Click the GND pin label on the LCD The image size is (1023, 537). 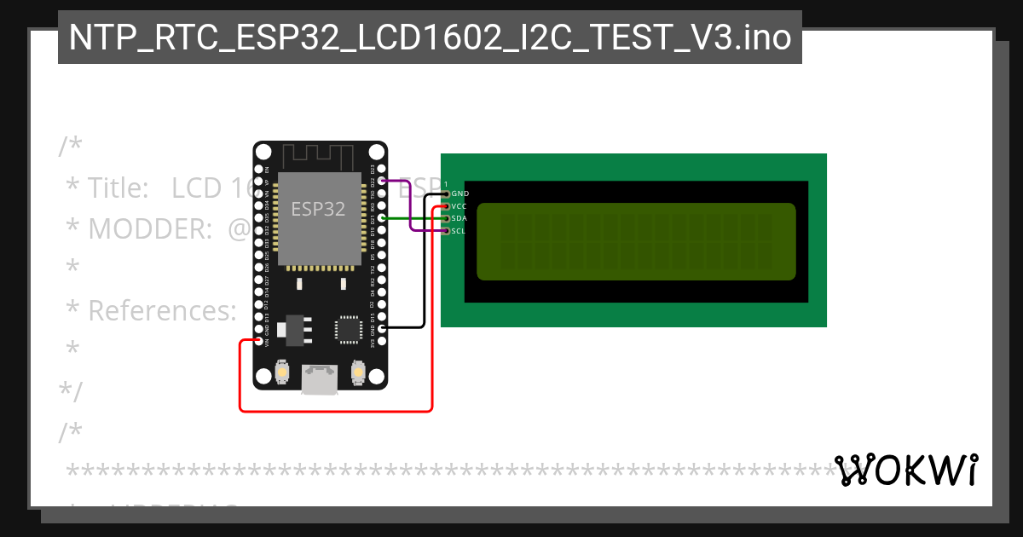(x=460, y=193)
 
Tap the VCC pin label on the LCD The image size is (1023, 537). (x=459, y=206)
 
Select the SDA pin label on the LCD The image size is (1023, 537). (x=459, y=218)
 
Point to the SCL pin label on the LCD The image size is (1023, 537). (x=459, y=231)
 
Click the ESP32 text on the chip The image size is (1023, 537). (x=318, y=209)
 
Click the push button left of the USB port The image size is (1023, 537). (x=282, y=372)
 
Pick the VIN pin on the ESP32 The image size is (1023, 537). (x=259, y=341)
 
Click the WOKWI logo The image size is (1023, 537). (x=906, y=470)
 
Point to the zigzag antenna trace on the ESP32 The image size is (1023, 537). (x=318, y=156)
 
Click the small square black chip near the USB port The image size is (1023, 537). (x=349, y=329)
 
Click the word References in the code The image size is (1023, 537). (x=162, y=311)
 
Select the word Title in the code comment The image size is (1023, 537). (x=118, y=188)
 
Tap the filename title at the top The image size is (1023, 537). (x=430, y=38)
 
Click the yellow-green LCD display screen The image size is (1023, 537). (x=636, y=241)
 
